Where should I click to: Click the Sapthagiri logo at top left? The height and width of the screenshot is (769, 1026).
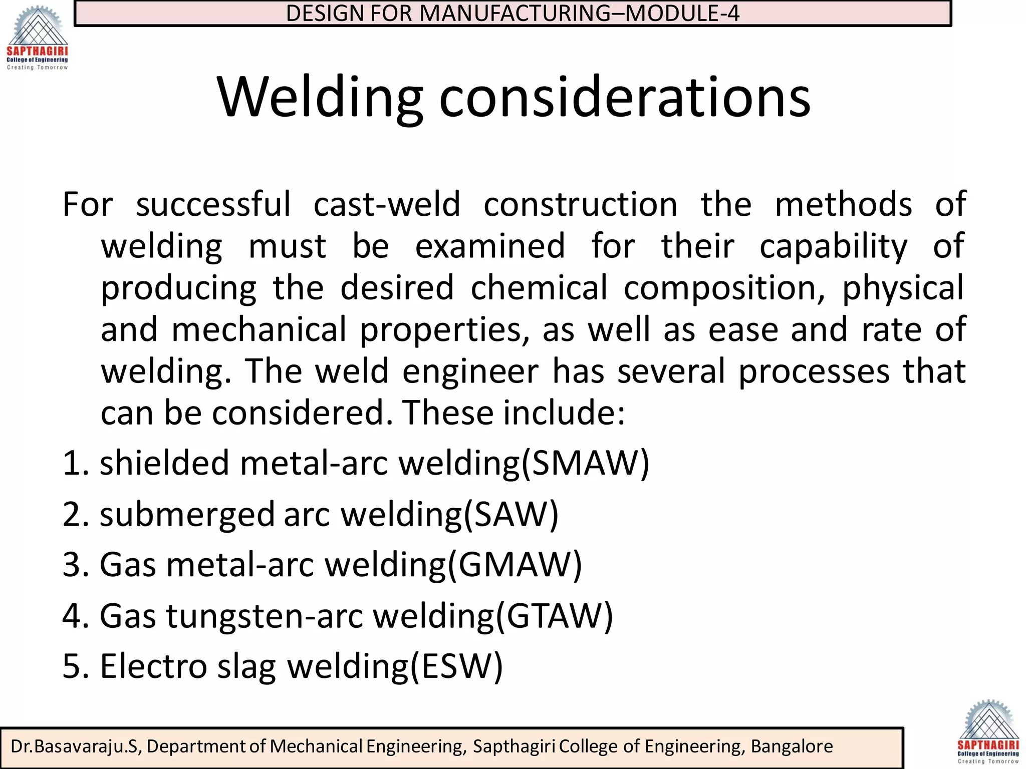point(37,38)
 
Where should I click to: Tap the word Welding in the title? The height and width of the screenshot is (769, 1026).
point(320,97)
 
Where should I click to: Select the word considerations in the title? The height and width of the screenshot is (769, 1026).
point(625,97)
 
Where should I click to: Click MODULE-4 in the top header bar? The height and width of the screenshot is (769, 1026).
point(682,13)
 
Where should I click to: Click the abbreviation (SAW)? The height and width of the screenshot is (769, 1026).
point(510,514)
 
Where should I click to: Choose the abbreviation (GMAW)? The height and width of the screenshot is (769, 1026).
point(514,565)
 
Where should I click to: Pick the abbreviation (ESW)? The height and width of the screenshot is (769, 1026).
point(456,666)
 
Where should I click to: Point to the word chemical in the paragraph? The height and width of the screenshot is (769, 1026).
point(539,288)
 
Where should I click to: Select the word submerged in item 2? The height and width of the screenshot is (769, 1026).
point(187,514)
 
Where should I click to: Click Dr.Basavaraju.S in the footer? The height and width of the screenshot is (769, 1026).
point(74,746)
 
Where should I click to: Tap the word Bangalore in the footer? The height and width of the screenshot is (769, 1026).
point(792,746)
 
